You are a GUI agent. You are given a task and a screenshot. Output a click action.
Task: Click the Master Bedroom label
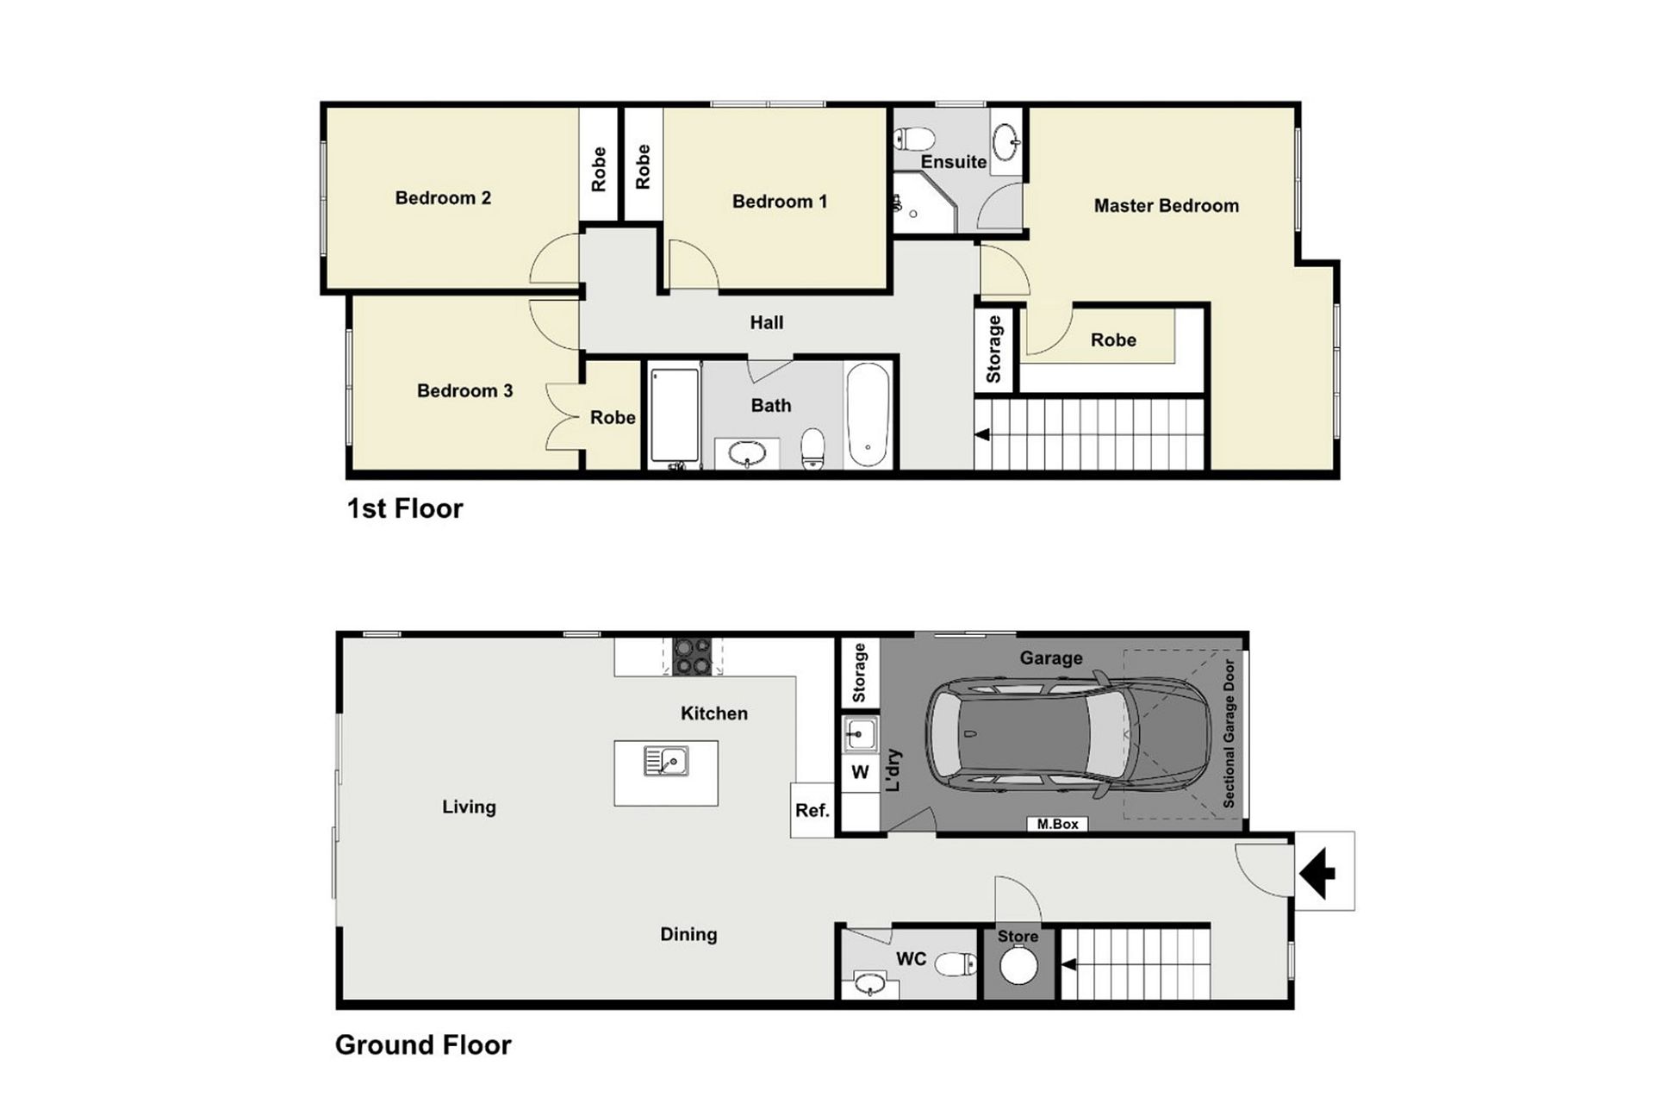coord(1166,206)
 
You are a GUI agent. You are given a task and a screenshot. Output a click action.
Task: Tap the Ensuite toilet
coord(914,138)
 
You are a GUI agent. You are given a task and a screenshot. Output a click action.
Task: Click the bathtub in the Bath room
coord(868,414)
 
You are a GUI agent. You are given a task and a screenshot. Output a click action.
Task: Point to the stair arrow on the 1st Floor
coord(981,435)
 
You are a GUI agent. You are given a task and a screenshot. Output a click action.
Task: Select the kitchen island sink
coord(666,761)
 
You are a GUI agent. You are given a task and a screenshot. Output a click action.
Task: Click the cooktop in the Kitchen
coord(693,657)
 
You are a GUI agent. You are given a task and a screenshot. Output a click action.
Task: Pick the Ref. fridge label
coord(812,811)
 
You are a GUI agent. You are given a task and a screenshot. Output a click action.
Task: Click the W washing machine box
coord(860,772)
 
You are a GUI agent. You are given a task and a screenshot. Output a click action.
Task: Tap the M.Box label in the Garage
coord(1057,824)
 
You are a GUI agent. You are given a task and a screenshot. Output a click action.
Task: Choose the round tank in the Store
coord(1018,964)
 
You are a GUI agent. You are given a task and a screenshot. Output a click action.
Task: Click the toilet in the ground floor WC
coord(956,963)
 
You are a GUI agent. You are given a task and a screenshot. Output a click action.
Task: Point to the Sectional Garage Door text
coord(1229,733)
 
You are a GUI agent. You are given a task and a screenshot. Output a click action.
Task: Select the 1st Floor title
coord(404,508)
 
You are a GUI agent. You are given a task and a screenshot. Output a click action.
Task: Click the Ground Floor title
coord(423,1044)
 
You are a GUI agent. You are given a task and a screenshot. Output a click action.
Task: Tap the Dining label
coord(688,934)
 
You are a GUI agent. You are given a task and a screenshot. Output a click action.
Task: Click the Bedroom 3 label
coord(464,390)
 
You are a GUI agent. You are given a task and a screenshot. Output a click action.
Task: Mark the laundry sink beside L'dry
coord(859,734)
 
